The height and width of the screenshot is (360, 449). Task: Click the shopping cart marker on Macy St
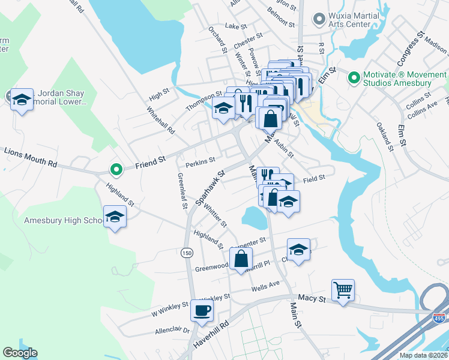(x=343, y=290)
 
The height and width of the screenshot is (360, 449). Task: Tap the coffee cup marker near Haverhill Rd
(x=201, y=311)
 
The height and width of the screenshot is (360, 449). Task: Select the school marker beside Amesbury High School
(x=114, y=217)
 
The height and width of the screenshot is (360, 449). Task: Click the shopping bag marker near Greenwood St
(x=241, y=259)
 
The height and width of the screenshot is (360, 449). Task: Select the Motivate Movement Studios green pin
(x=353, y=77)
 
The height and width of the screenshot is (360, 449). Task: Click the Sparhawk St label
(x=209, y=187)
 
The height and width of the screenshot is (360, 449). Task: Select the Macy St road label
(x=312, y=298)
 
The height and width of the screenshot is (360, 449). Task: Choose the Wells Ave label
(x=267, y=284)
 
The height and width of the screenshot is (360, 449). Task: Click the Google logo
(x=20, y=353)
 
